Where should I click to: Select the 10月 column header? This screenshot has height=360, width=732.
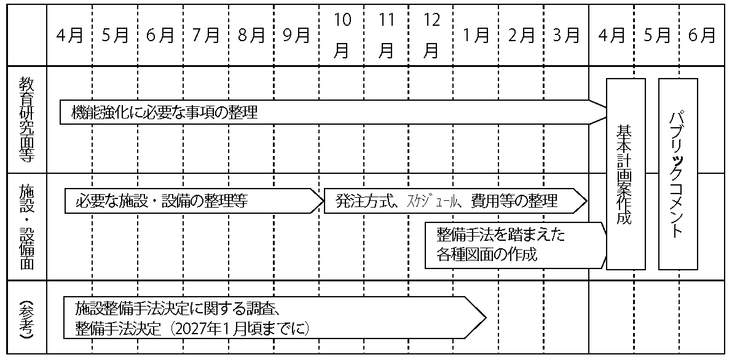click(342, 36)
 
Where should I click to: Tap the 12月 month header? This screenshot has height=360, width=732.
click(431, 36)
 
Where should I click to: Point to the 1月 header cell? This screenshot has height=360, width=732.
click(476, 36)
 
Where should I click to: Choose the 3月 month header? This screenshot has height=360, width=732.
click(566, 36)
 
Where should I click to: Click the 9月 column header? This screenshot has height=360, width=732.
click(296, 36)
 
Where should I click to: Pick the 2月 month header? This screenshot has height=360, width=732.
click(521, 36)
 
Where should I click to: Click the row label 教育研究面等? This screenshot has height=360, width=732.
click(26, 119)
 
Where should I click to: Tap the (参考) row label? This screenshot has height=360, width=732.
click(26, 316)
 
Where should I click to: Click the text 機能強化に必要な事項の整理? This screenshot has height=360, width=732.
click(164, 113)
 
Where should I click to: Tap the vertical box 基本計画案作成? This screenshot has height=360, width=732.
click(625, 174)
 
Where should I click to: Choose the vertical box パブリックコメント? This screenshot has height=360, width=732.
click(678, 174)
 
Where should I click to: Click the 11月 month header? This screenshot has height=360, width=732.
click(387, 36)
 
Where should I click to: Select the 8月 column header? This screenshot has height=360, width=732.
click(251, 36)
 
